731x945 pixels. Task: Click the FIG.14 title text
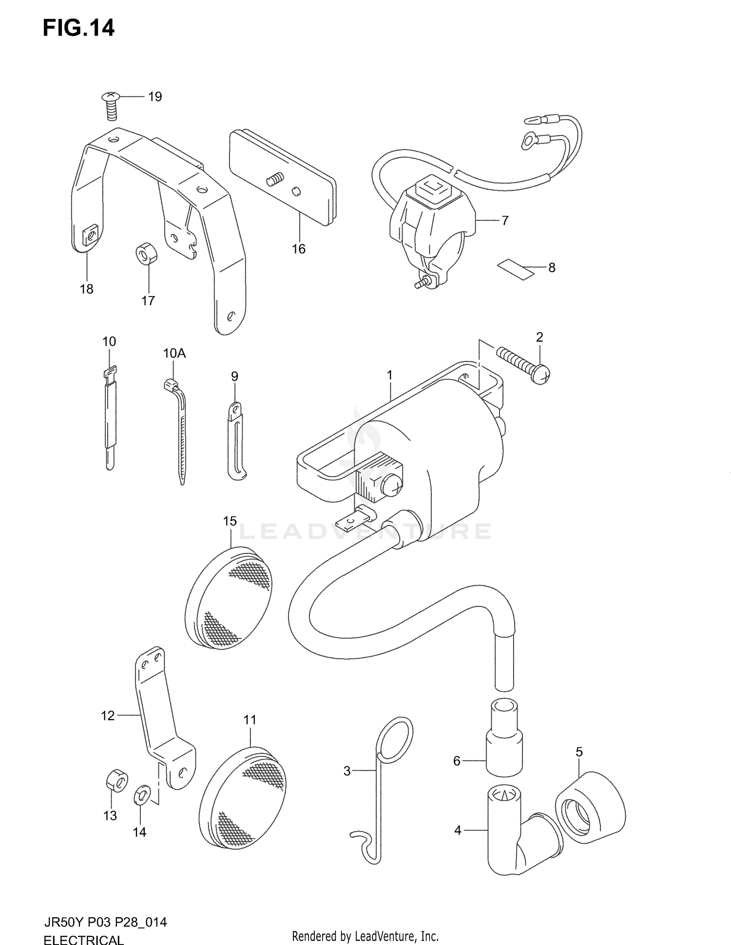pos(78,28)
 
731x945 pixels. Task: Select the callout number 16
pos(298,249)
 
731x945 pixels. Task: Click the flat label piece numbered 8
pos(515,268)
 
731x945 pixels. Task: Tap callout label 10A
pos(174,353)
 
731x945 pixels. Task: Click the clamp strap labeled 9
pos(236,441)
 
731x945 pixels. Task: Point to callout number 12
pos(108,716)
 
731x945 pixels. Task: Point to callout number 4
pos(457,830)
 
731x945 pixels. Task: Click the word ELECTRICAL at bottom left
pos(83,938)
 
